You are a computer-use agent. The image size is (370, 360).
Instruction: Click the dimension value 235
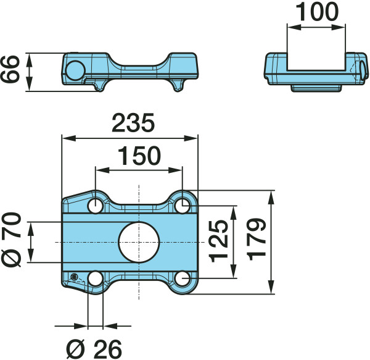133,123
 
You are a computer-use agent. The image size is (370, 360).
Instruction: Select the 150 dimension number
139,156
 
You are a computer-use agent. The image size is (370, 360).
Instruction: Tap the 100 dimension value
317,11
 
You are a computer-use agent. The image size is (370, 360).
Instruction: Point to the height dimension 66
9,69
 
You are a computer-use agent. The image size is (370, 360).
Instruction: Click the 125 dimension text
219,241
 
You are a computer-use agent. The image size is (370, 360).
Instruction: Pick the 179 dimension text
257,240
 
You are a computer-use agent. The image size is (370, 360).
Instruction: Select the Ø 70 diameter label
11,240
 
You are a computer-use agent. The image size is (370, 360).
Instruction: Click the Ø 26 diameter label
94,349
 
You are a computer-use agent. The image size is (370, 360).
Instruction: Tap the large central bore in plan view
139,242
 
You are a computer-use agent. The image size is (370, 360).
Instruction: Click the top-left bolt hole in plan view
96,206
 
